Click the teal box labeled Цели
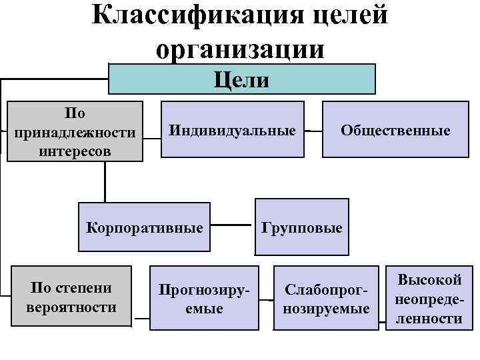[x=242, y=80]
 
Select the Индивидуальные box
[x=233, y=130]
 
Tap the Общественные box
[x=395, y=130]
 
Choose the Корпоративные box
[x=145, y=227]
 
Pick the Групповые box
[x=301, y=227]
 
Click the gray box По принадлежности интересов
[x=75, y=131]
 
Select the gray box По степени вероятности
[x=71, y=297]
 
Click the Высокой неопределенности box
[x=429, y=298]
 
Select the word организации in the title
[x=241, y=49]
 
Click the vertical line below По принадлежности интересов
[x=105, y=181]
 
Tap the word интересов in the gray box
[x=75, y=150]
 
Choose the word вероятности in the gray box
[x=71, y=307]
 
